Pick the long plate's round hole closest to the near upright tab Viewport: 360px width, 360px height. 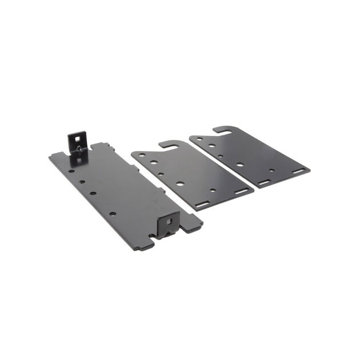pyautogui.click(x=113, y=214)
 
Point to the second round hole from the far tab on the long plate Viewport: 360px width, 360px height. pyautogui.click(x=82, y=182)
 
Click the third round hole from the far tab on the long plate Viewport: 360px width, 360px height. pyautogui.click(x=93, y=193)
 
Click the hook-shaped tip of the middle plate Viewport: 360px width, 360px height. pyautogui.click(x=161, y=146)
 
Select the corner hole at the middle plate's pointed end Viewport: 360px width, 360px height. pyautogui.click(x=138, y=155)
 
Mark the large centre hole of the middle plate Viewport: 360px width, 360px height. pyautogui.click(x=180, y=183)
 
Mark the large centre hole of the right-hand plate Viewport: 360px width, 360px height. pyautogui.click(x=240, y=165)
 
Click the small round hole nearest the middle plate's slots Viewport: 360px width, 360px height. pyautogui.click(x=213, y=190)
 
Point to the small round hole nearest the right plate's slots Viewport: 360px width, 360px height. pyautogui.click(x=271, y=171)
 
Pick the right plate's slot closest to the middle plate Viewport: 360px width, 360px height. pyautogui.click(x=264, y=182)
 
